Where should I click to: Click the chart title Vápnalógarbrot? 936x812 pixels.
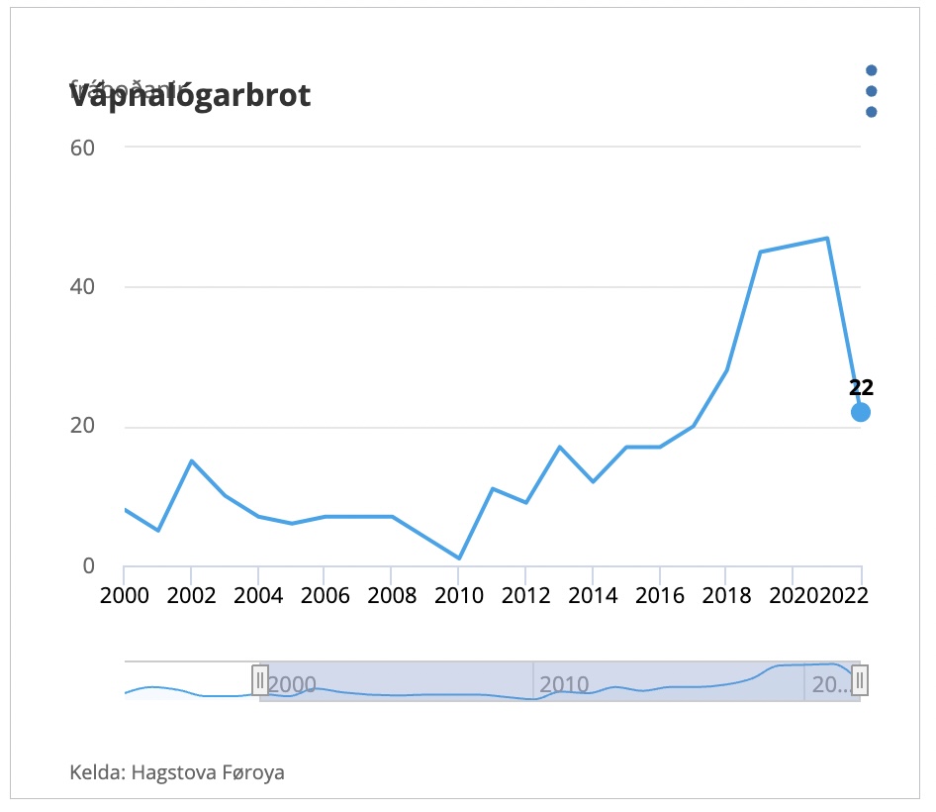tap(190, 96)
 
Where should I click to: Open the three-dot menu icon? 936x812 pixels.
tap(871, 91)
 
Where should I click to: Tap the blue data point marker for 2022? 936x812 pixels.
tap(861, 412)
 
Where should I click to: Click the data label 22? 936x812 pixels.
tap(861, 388)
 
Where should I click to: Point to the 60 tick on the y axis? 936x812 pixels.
tap(81, 148)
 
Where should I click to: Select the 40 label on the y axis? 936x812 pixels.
tap(81, 287)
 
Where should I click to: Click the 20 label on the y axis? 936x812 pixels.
tap(81, 428)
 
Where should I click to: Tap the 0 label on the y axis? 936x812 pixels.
tap(87, 566)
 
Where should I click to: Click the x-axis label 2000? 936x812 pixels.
tap(124, 597)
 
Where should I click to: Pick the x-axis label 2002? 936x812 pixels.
tap(191, 597)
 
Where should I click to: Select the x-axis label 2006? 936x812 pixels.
tap(325, 597)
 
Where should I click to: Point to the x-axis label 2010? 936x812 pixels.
tap(458, 597)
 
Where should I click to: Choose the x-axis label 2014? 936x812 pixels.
tap(592, 597)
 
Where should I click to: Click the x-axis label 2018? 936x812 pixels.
tap(725, 597)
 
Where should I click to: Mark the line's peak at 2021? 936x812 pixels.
tap(827, 238)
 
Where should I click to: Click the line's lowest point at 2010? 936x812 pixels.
tap(459, 558)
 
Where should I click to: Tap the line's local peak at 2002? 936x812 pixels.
tap(191, 460)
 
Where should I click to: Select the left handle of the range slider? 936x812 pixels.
tap(260, 680)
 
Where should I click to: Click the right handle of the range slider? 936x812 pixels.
tap(861, 680)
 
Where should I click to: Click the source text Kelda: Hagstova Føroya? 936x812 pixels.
tap(177, 771)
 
